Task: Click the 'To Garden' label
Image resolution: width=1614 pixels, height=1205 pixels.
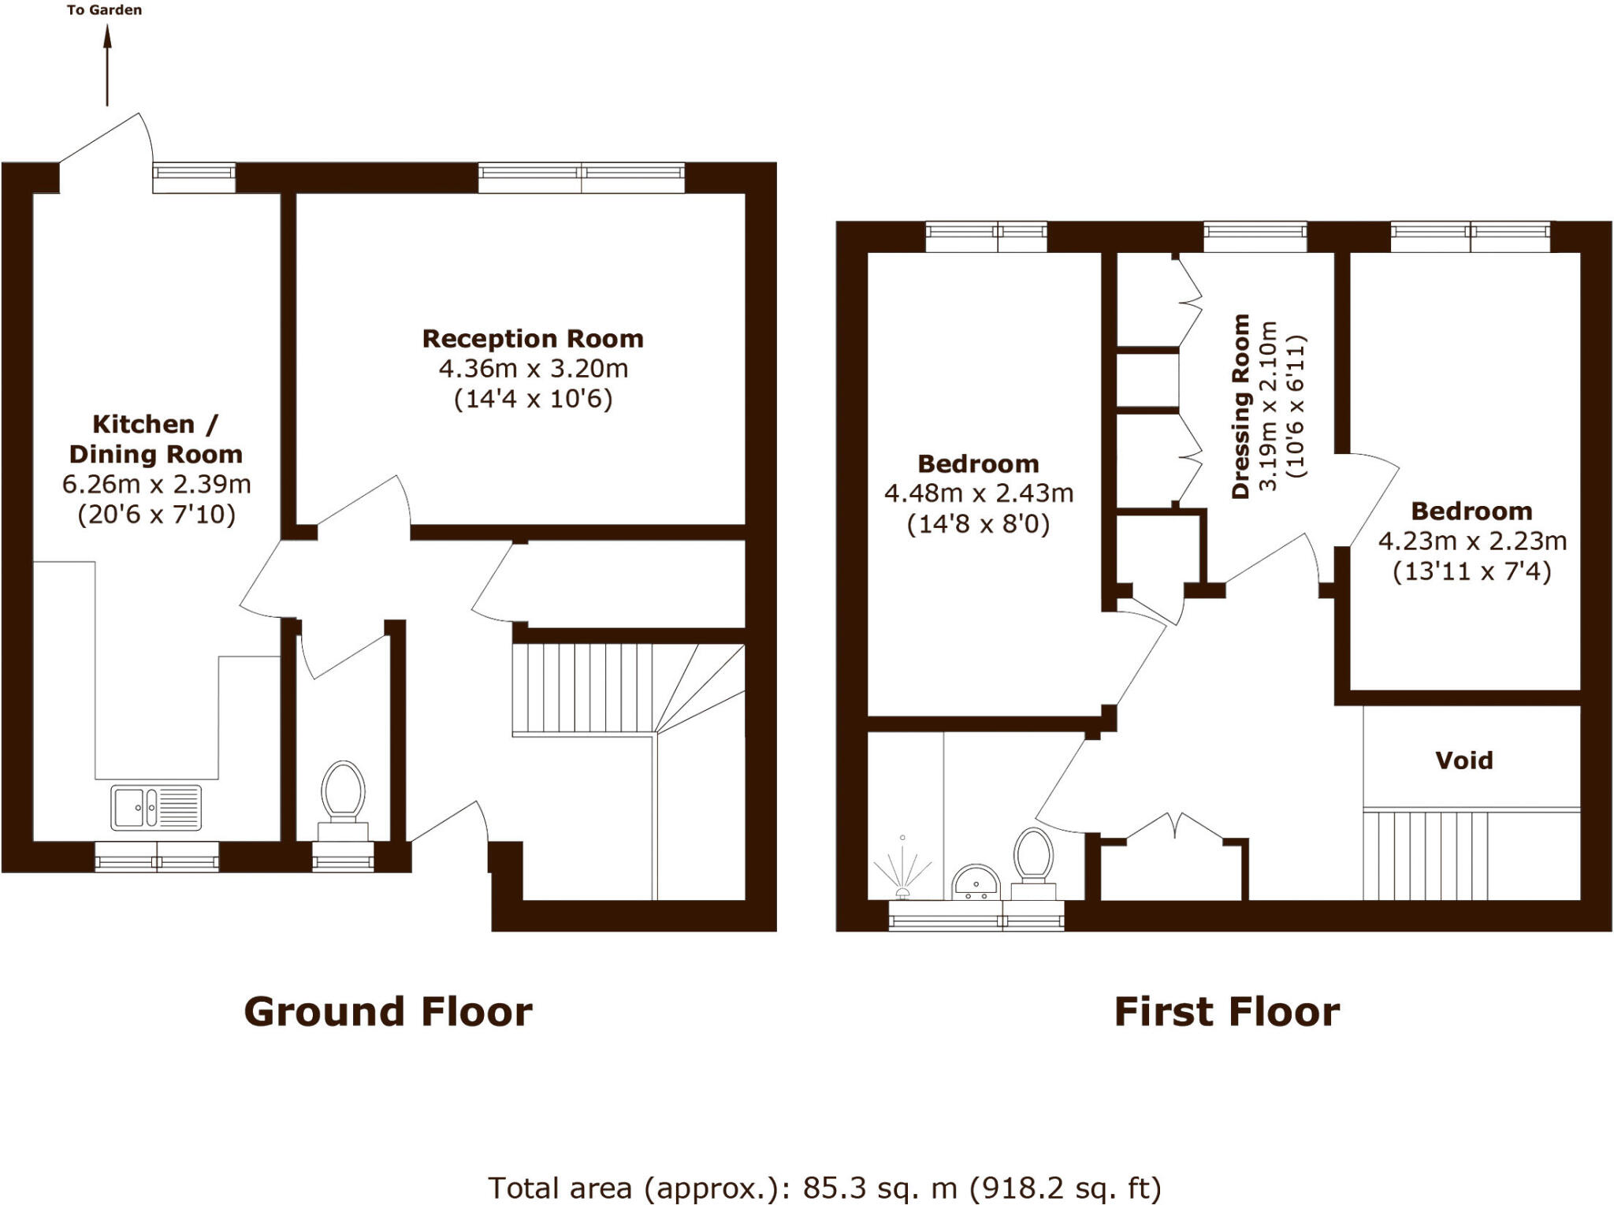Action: (x=104, y=10)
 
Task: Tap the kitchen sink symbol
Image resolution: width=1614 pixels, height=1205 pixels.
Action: (x=156, y=808)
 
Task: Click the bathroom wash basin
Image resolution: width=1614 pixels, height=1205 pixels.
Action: (x=976, y=883)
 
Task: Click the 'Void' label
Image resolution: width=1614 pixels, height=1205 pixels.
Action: (x=1463, y=761)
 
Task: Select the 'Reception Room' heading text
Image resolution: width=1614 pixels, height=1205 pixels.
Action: (x=533, y=339)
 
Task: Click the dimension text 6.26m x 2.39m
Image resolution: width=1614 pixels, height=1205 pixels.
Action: (x=157, y=484)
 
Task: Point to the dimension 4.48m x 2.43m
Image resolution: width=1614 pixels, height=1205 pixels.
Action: (x=978, y=493)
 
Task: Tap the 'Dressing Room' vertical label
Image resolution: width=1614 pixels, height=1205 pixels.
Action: (x=1241, y=406)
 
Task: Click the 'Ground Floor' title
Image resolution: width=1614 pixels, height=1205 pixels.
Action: (x=388, y=1012)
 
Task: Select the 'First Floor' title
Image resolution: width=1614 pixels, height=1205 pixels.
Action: (x=1226, y=1012)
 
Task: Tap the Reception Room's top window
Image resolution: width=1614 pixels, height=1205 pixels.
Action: (x=581, y=177)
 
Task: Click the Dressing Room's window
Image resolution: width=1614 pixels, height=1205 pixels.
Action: (x=1255, y=236)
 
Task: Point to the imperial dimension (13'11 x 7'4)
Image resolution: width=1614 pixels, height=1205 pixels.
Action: (x=1471, y=571)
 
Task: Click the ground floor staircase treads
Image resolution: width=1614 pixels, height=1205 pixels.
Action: (x=583, y=690)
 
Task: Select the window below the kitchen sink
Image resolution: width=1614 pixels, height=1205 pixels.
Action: (x=157, y=857)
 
